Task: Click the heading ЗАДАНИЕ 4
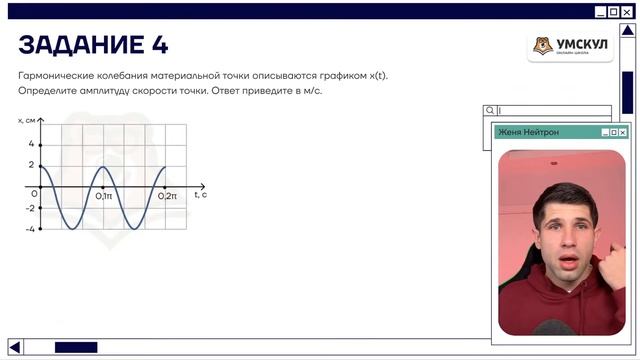[x=93, y=45]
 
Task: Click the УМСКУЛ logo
[x=570, y=46]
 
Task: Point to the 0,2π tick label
[x=167, y=196]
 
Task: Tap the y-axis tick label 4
[x=31, y=144]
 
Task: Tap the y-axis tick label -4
[x=30, y=229]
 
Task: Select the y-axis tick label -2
[x=30, y=208]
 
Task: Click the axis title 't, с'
[x=200, y=195]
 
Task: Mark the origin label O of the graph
[x=34, y=193]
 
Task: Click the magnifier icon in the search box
[x=490, y=111]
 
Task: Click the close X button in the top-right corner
[x=627, y=12]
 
